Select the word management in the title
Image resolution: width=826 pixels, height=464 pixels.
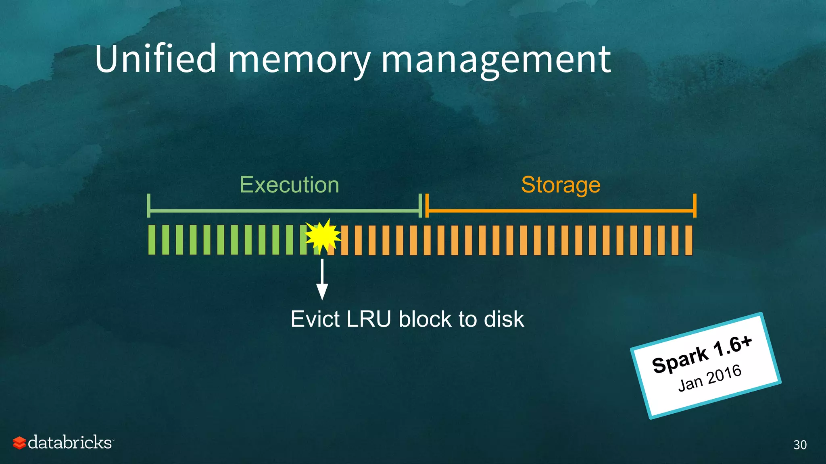pyautogui.click(x=496, y=60)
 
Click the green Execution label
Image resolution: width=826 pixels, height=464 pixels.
pyautogui.click(x=289, y=185)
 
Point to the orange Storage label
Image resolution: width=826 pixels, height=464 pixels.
pyautogui.click(x=561, y=185)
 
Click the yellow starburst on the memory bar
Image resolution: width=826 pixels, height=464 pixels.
pyautogui.click(x=323, y=236)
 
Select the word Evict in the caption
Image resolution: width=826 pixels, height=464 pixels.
pyautogui.click(x=315, y=319)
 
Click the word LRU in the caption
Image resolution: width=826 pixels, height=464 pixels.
pyautogui.click(x=369, y=319)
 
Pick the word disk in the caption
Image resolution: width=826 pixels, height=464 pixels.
pyautogui.click(x=504, y=319)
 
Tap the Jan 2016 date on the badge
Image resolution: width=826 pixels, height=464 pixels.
pyautogui.click(x=710, y=378)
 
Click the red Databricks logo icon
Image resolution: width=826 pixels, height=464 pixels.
pyautogui.click(x=19, y=443)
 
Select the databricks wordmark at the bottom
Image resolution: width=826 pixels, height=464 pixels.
pyautogui.click(x=70, y=442)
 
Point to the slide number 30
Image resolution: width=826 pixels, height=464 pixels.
pyautogui.click(x=800, y=445)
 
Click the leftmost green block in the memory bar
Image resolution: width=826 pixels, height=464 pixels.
pyautogui.click(x=152, y=240)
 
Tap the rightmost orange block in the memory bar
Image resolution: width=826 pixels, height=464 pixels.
pyautogui.click(x=688, y=240)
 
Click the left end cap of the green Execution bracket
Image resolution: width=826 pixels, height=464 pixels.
pyautogui.click(x=149, y=205)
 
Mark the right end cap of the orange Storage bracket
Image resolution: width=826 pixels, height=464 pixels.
pyautogui.click(x=695, y=205)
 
